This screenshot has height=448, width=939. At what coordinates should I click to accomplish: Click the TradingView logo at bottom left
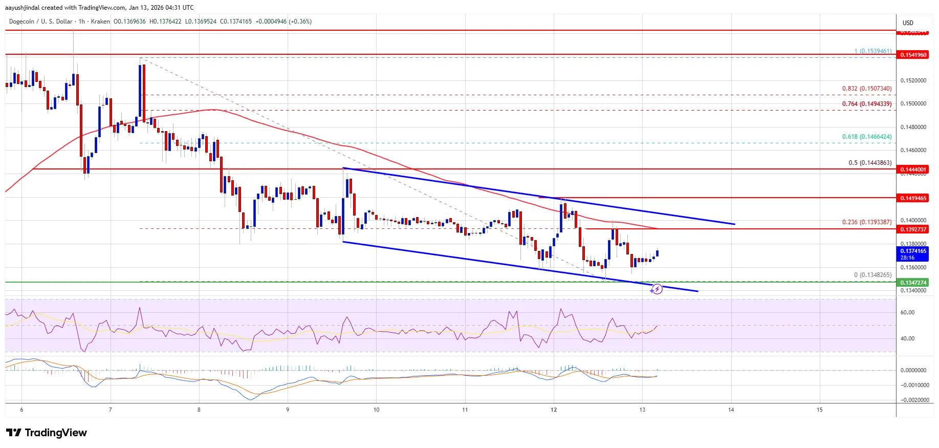tap(47, 433)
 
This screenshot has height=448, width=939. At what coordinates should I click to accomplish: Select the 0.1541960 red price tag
tap(913, 55)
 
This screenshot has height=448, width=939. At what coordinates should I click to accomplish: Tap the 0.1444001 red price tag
tap(913, 169)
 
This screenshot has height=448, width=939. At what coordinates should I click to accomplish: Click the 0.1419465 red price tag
tap(913, 198)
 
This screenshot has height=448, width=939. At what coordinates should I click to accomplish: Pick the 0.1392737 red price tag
tap(913, 229)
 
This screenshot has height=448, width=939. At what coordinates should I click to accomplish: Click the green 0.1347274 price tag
tap(913, 283)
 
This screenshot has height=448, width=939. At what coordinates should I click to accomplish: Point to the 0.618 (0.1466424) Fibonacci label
tap(867, 137)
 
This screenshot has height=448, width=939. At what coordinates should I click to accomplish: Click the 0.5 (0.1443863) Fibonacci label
tap(870, 163)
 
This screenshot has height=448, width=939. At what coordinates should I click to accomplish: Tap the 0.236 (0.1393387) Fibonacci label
tap(867, 222)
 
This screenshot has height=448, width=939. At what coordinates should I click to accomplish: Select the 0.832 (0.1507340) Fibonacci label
tap(867, 89)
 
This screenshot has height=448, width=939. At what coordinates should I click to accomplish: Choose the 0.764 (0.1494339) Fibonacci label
tap(867, 104)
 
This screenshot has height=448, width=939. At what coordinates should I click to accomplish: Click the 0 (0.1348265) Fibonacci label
tap(872, 275)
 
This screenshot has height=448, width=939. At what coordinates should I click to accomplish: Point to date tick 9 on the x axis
tap(288, 410)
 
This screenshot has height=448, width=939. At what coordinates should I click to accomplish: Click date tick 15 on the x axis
tap(820, 410)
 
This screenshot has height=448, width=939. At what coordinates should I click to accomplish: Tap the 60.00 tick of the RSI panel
tap(907, 312)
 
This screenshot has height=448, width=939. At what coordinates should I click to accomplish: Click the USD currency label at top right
tap(908, 23)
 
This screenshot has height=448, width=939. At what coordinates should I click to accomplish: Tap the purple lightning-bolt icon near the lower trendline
tap(657, 290)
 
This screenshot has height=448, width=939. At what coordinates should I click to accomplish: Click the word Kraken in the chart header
tap(100, 22)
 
